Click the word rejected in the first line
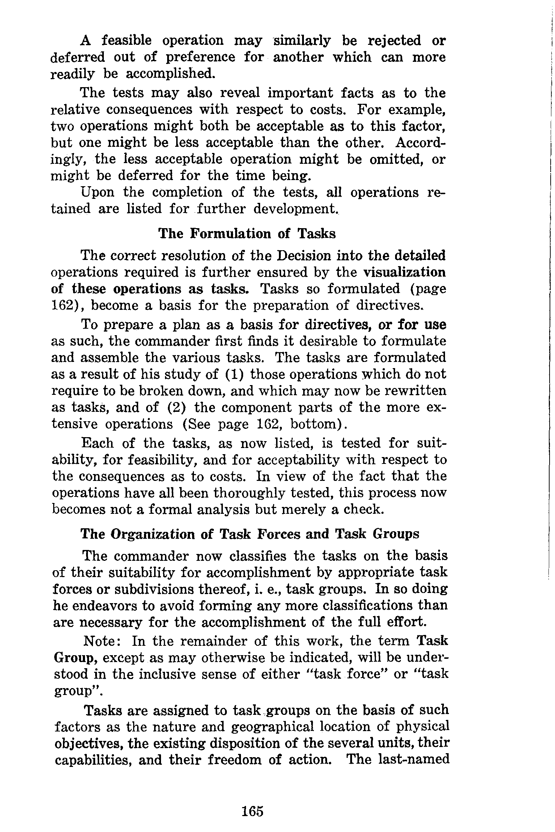(394, 41)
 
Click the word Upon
(97, 192)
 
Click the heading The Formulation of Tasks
(247, 234)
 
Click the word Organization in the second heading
(152, 534)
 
